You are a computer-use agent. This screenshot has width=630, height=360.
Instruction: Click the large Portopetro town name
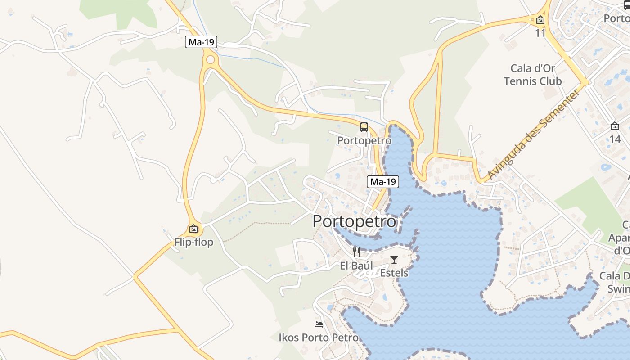click(x=355, y=221)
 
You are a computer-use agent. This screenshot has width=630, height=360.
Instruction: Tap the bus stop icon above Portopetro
click(x=364, y=127)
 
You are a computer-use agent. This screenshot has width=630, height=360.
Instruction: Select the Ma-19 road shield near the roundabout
click(x=201, y=42)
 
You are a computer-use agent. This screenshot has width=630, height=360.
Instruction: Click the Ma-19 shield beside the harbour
click(x=383, y=182)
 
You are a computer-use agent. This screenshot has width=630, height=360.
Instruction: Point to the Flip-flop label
click(x=194, y=242)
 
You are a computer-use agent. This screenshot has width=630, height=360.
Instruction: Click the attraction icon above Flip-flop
click(x=193, y=229)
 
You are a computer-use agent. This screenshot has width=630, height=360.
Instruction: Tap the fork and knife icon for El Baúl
click(x=356, y=252)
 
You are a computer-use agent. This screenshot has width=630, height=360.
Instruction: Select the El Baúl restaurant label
click(x=356, y=265)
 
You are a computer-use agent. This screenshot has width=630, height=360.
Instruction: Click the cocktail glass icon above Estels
click(x=394, y=260)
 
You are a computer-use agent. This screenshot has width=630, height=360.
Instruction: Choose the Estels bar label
click(x=394, y=273)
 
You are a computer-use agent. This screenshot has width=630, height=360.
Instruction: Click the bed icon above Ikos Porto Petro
click(x=319, y=324)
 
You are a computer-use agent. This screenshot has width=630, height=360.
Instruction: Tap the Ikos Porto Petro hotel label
click(x=319, y=337)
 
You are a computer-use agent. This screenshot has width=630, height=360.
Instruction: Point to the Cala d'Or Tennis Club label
click(x=533, y=75)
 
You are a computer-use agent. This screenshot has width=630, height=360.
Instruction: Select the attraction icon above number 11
click(x=540, y=20)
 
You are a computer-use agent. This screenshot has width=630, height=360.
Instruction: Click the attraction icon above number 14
click(x=615, y=126)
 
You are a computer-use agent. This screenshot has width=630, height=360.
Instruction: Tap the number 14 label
click(x=615, y=139)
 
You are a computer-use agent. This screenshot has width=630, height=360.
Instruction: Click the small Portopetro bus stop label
click(x=364, y=140)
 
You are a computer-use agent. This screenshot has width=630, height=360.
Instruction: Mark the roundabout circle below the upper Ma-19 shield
click(x=210, y=60)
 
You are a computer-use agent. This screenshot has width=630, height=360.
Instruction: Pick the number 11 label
click(x=540, y=33)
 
